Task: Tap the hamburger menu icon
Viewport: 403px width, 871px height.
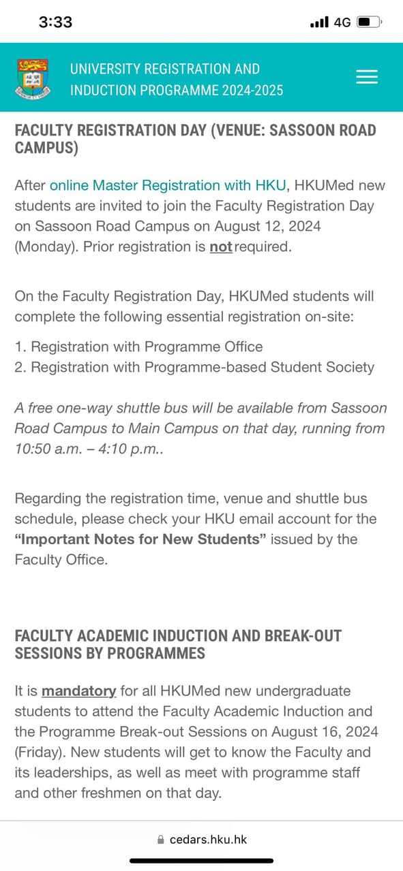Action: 367,77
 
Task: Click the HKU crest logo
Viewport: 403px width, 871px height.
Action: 32,78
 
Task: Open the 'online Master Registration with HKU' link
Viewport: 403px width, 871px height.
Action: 168,185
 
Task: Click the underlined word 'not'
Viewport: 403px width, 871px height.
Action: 220,247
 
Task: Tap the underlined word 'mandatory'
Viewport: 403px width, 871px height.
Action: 78,691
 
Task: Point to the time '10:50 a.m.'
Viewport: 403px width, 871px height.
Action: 46,449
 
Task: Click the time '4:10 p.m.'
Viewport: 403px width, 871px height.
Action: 125,449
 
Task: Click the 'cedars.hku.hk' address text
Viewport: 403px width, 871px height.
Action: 208,839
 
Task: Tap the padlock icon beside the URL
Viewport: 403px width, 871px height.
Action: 161,840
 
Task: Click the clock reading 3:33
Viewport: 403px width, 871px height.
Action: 55,22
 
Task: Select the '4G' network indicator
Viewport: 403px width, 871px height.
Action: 342,22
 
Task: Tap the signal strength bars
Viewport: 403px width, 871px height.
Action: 319,22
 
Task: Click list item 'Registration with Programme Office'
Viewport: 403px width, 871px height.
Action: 147,347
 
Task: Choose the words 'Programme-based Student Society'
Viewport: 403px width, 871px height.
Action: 259,367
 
